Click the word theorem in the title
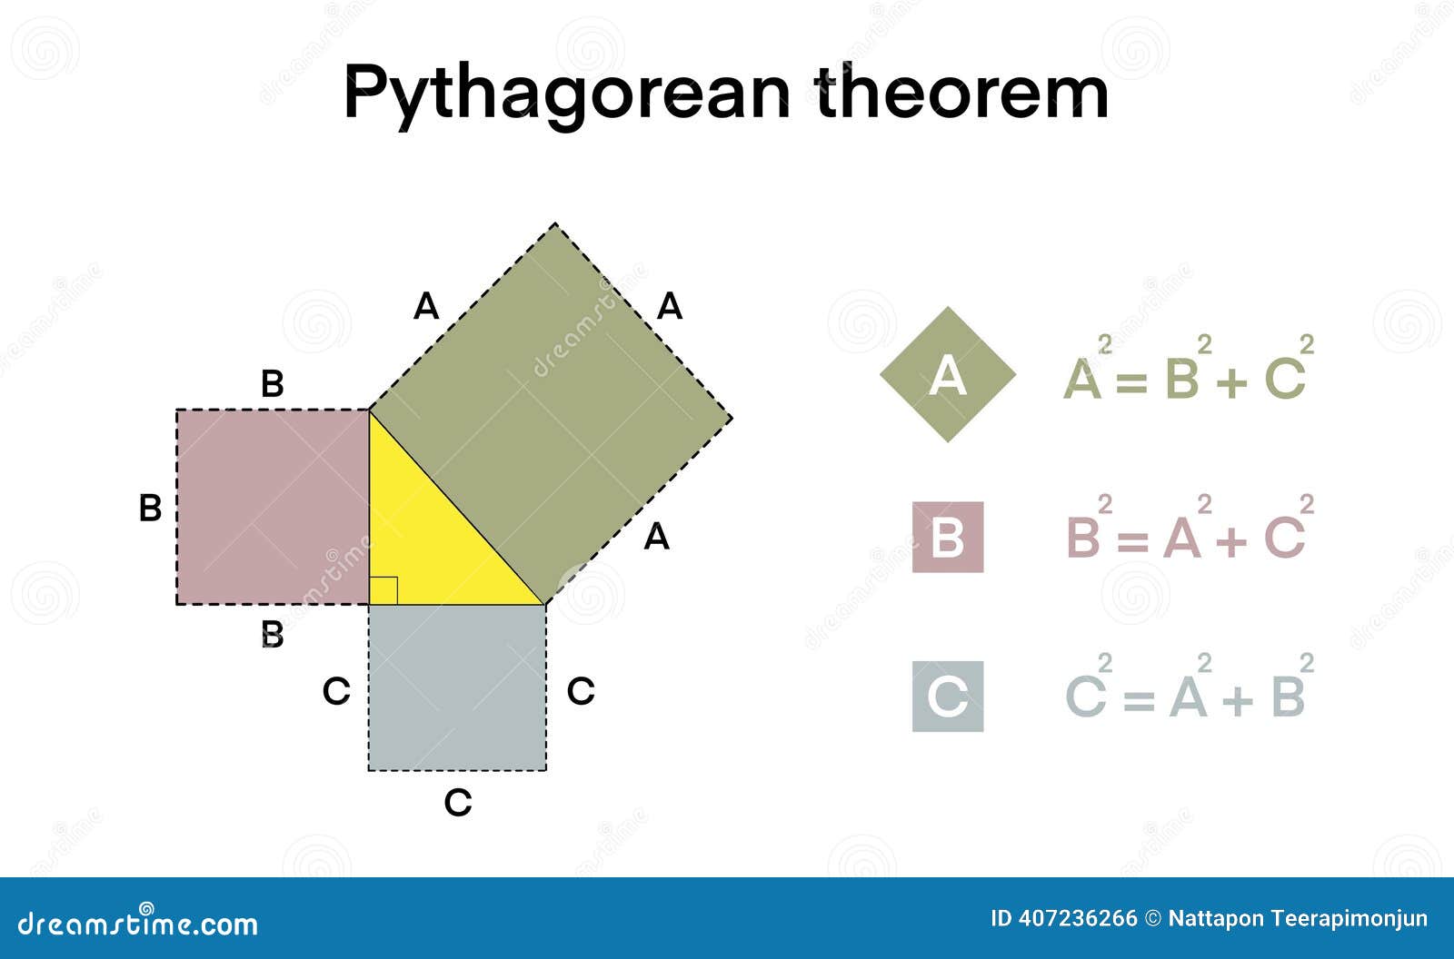[962, 93]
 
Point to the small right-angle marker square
[383, 590]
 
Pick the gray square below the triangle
[457, 687]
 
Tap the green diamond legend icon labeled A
[948, 374]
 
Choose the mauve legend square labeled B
[948, 537]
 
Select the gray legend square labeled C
[948, 697]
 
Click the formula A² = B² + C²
[1186, 372]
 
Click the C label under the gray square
[458, 803]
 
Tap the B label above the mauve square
[272, 384]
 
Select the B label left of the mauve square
[150, 508]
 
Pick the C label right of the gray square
[581, 692]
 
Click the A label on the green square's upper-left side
[426, 307]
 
